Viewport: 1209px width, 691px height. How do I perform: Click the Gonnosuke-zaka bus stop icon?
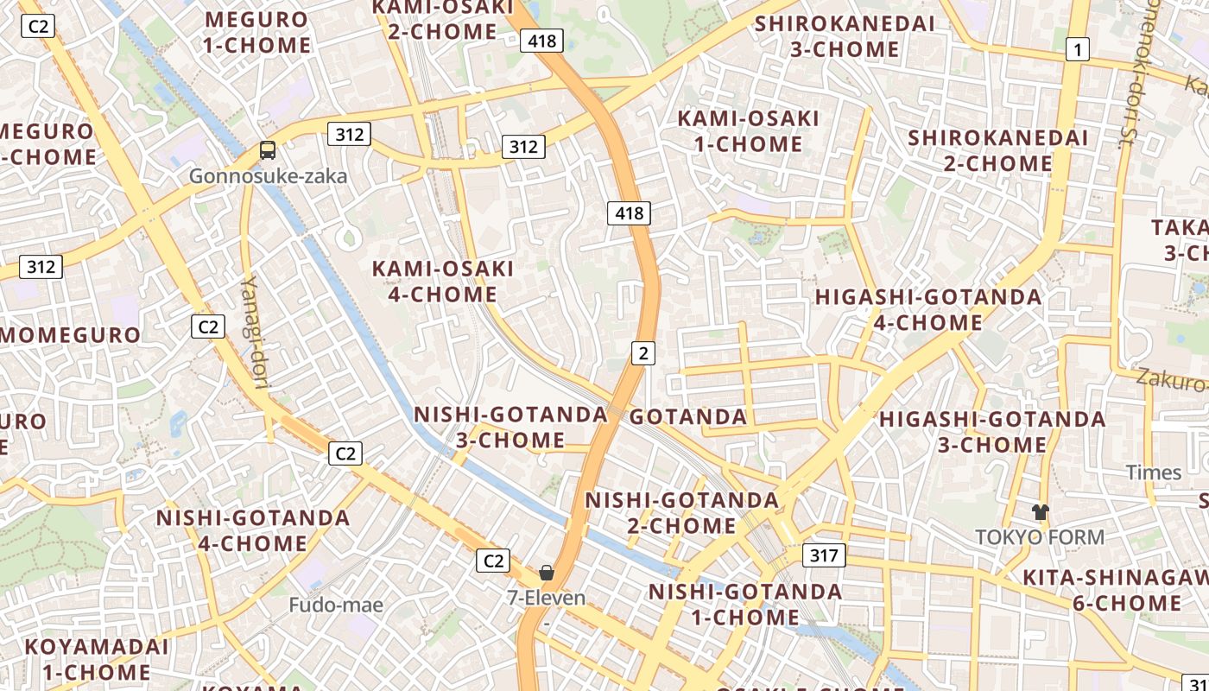point(268,150)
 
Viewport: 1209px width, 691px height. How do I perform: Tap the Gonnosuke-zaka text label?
point(268,176)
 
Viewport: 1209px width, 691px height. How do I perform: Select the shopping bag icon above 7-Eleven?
point(547,572)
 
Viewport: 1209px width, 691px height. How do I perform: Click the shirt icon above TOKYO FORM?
point(1040,511)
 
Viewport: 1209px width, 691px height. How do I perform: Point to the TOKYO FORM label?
point(1040,537)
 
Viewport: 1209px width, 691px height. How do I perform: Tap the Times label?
point(1154,472)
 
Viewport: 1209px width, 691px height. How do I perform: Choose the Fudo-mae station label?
point(336,605)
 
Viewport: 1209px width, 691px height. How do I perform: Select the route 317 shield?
point(824,555)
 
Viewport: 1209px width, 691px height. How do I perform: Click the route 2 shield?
point(643,352)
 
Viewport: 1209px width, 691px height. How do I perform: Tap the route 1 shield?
point(1076,50)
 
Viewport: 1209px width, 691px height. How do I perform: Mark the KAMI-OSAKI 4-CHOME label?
point(443,282)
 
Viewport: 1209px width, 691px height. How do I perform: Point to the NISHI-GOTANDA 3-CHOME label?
point(510,427)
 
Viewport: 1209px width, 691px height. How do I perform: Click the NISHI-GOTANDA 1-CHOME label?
point(745,604)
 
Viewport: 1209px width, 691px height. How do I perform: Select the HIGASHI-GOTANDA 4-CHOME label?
point(928,309)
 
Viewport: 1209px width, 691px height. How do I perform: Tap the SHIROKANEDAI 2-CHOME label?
point(997,150)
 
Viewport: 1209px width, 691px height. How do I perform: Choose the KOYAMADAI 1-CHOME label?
point(97,659)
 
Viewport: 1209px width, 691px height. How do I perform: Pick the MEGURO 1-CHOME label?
point(256,32)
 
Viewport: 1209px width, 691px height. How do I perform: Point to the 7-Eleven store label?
point(547,598)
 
